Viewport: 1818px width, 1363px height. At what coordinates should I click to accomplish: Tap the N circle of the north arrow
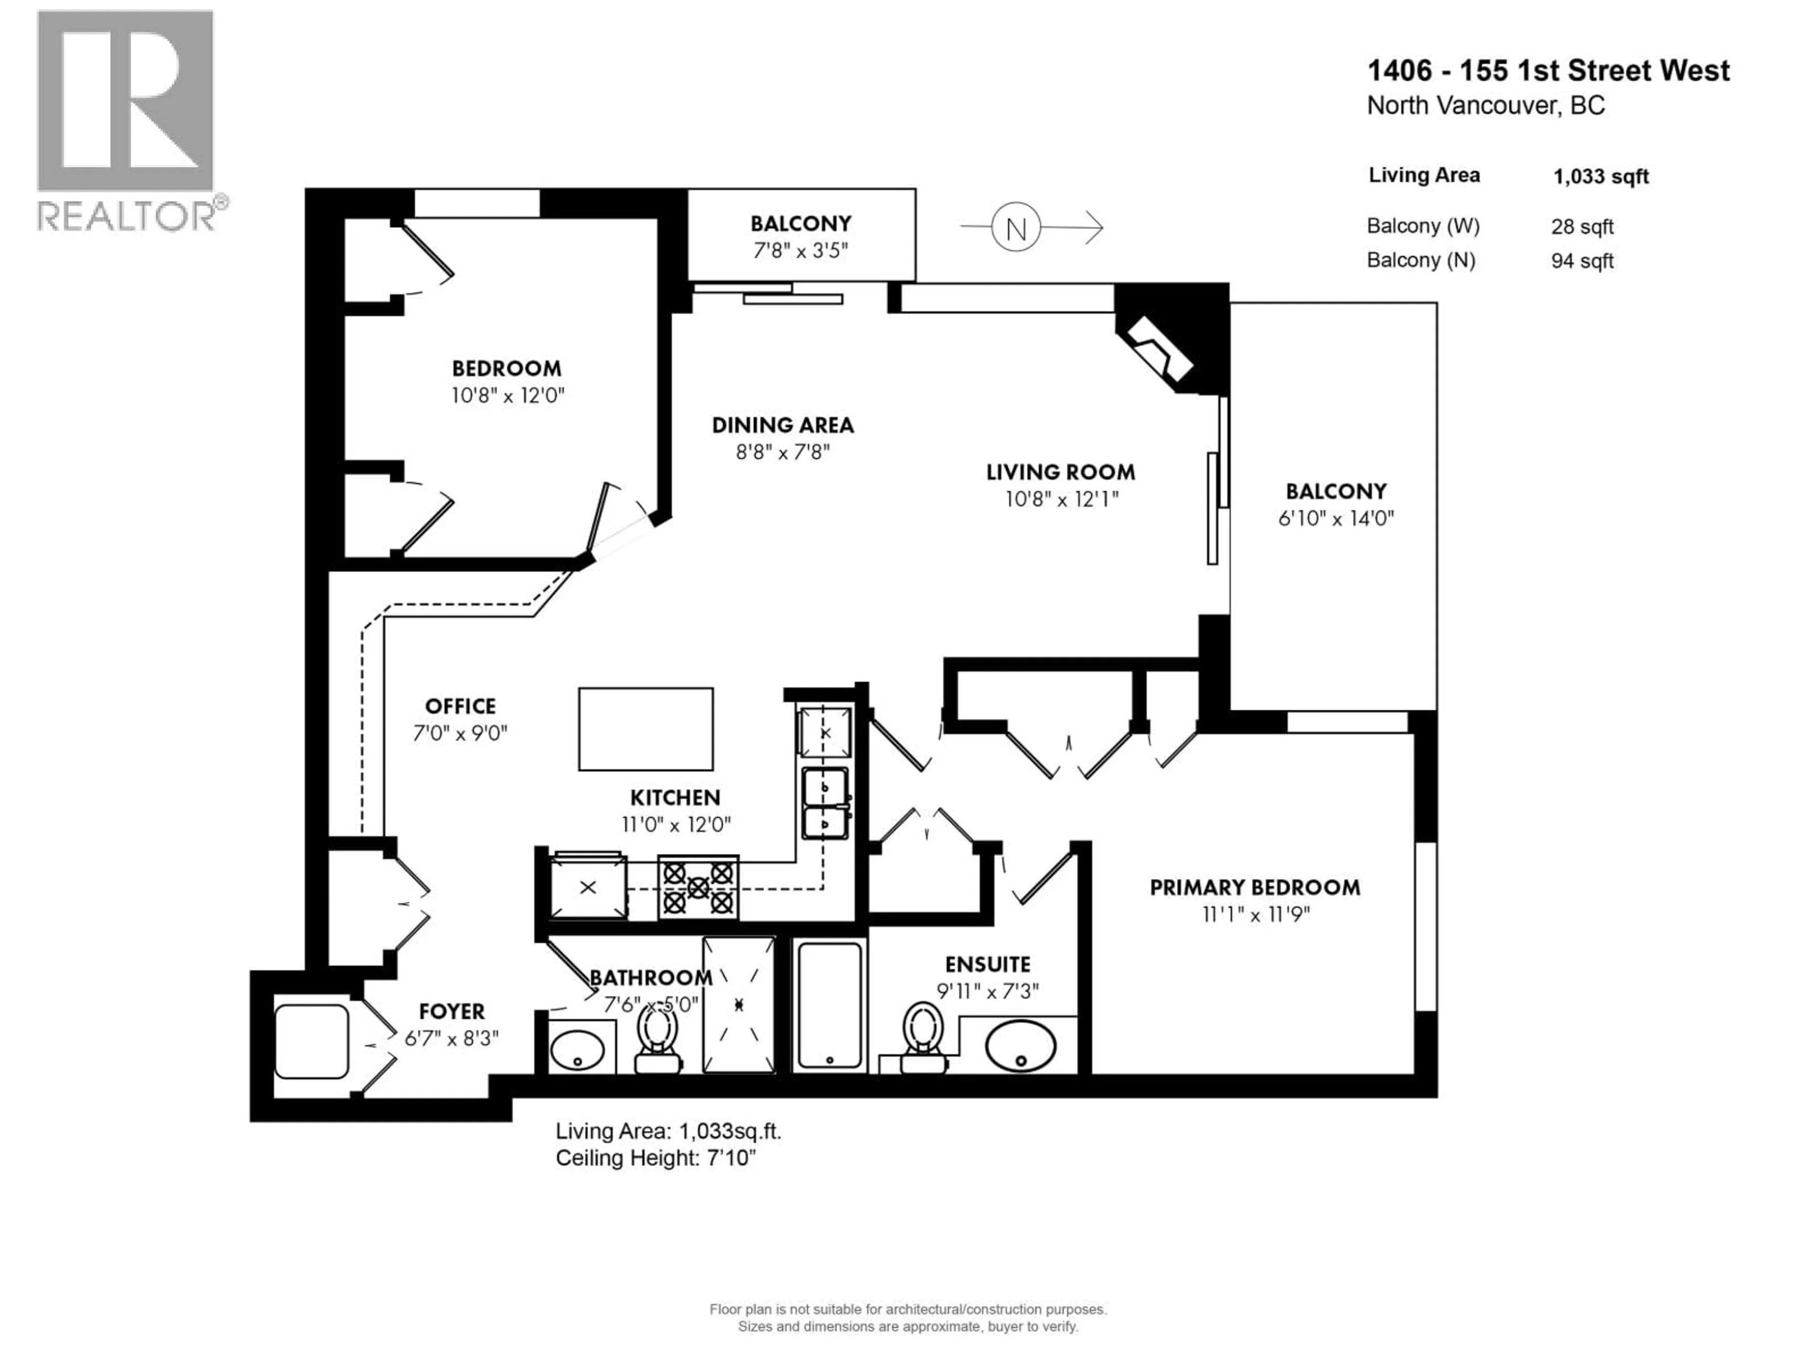click(1016, 229)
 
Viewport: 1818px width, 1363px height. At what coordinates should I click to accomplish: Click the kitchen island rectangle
click(645, 729)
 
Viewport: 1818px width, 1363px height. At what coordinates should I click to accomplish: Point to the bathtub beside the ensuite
click(829, 1006)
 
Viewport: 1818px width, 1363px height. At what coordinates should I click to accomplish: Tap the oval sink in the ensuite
click(1020, 1046)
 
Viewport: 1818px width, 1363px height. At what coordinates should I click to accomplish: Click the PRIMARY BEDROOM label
click(1254, 887)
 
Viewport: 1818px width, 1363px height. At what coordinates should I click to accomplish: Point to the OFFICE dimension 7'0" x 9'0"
click(460, 733)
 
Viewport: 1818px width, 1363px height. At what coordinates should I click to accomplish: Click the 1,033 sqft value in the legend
click(1600, 177)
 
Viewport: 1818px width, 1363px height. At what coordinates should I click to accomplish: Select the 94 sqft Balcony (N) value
click(1582, 261)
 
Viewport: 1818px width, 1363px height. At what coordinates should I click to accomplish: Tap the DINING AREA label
click(783, 425)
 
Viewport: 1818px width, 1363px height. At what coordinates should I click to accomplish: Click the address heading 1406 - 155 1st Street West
click(1548, 71)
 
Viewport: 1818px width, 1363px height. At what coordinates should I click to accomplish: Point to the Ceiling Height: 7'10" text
click(655, 1159)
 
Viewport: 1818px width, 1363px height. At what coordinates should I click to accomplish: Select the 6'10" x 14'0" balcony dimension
click(1336, 518)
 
